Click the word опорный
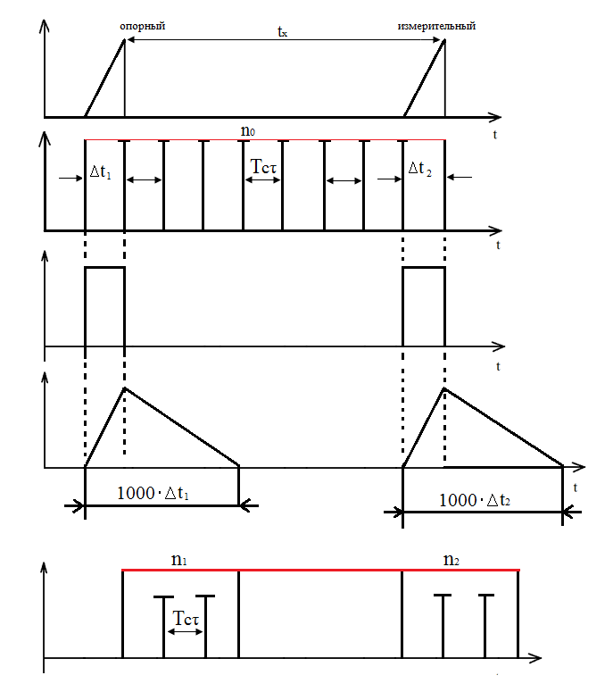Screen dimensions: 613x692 click(x=143, y=27)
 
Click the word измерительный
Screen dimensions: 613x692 click(x=436, y=26)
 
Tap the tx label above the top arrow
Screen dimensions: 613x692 click(x=282, y=31)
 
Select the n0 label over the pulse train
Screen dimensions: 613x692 click(x=248, y=130)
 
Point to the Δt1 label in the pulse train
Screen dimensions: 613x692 click(x=101, y=171)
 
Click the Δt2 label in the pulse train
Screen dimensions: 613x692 click(x=420, y=168)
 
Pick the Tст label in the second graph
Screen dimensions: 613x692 click(x=263, y=166)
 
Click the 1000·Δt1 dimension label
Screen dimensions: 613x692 click(x=153, y=493)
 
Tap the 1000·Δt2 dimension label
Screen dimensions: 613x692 click(x=475, y=500)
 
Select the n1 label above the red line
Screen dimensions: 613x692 click(x=179, y=560)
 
